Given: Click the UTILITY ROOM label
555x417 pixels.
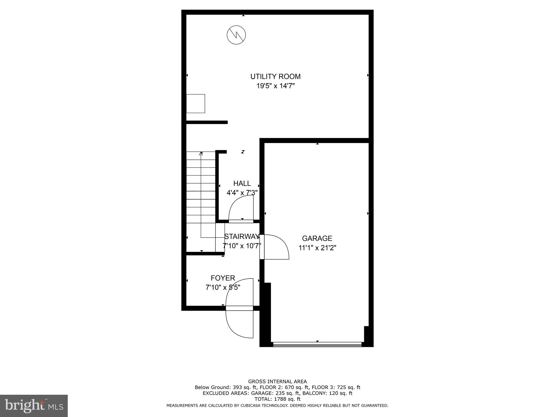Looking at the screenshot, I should coord(275,77).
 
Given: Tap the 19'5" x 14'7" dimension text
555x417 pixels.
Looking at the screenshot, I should coord(275,86).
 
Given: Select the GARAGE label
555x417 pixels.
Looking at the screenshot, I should coord(317,238).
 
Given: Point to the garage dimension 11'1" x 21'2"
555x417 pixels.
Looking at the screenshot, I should coord(317,248).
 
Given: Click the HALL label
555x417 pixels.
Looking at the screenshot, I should coord(242,184).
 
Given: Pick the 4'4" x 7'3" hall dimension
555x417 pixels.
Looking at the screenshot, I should coord(242,193).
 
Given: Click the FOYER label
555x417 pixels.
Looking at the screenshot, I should coord(223,278).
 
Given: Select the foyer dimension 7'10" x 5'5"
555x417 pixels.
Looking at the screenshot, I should coord(223,287).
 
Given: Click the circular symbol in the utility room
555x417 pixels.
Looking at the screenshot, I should coord(236,35).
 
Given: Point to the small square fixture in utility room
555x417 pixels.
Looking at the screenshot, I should coord(195,103).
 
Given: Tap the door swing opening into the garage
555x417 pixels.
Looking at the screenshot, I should coord(275,247).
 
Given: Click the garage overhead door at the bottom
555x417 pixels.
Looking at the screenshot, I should coord(317,345).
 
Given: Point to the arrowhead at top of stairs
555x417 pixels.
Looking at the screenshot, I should coord(201,154).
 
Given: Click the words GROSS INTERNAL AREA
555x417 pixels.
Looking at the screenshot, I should coord(277,381).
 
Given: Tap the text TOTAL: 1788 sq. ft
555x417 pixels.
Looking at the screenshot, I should coord(277,399).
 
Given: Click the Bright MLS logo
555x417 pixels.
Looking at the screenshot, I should coord(34,406).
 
